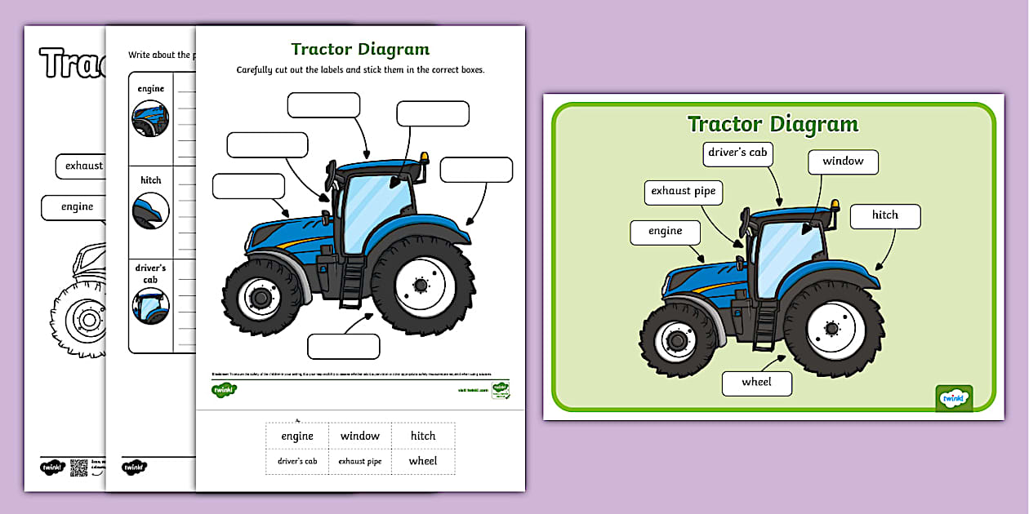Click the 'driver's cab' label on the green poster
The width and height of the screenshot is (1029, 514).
point(737,153)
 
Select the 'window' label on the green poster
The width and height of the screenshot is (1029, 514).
point(843,162)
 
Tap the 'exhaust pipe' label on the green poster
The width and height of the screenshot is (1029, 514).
point(683,192)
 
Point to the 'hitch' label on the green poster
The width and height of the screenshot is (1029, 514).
point(884,215)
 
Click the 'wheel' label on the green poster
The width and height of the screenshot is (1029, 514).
point(756,383)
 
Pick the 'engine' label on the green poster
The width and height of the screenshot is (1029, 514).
point(665,232)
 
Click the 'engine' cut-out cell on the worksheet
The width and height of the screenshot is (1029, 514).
point(297,436)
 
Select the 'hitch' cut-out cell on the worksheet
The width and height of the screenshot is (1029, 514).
point(423,436)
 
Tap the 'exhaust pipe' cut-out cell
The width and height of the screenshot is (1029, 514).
point(360,461)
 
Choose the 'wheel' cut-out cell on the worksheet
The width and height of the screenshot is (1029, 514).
point(423,461)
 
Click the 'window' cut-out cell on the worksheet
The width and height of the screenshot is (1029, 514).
point(360,436)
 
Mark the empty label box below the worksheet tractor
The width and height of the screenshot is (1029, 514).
point(343,346)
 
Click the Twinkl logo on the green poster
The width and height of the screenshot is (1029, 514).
point(953,398)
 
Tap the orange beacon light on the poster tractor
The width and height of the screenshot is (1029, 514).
point(835,203)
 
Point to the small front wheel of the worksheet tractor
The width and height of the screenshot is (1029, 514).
point(259,298)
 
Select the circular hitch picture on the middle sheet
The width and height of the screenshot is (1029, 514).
point(150,210)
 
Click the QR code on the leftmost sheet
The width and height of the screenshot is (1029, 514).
point(78,467)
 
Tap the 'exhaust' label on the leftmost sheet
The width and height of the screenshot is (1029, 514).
point(84,166)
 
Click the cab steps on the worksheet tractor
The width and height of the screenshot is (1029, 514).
point(350,281)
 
